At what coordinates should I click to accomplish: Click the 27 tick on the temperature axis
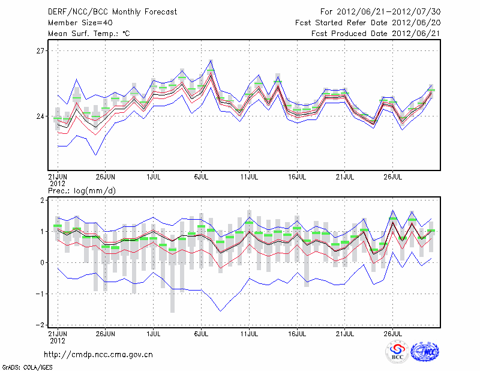click(40, 51)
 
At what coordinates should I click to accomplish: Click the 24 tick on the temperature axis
click(40, 116)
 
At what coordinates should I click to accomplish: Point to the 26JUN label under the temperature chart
click(105, 178)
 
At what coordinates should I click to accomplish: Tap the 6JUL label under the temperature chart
click(202, 178)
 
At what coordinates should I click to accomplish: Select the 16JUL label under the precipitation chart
click(298, 332)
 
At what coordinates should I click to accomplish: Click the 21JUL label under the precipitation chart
click(346, 332)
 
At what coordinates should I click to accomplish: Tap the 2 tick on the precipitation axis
click(41, 200)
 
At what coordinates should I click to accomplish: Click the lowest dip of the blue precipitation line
click(220, 311)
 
